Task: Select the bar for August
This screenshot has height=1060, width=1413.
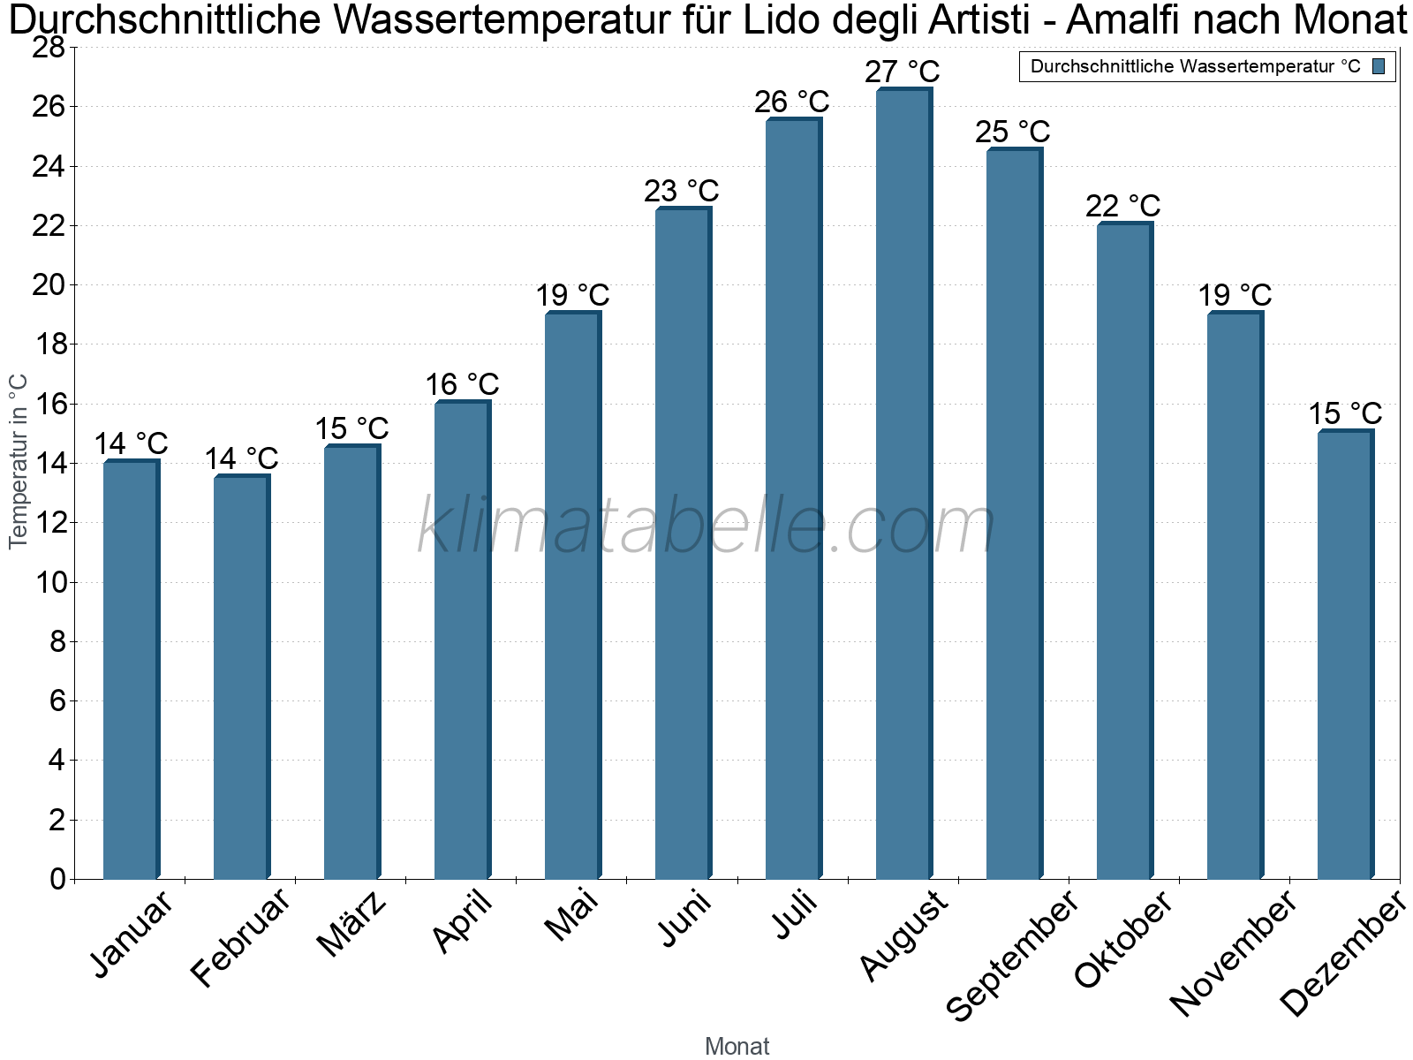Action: (x=904, y=483)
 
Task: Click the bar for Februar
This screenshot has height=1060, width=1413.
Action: (x=242, y=677)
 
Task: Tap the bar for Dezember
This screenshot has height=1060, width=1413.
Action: (x=1346, y=655)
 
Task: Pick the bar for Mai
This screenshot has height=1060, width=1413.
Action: (x=573, y=595)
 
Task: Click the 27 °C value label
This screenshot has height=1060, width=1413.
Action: (x=903, y=72)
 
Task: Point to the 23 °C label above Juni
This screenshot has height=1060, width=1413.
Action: (x=682, y=191)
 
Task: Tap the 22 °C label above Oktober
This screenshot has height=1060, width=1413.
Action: (x=1123, y=207)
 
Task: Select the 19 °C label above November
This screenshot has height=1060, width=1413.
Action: (x=1235, y=295)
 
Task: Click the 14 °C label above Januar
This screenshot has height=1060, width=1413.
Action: (x=132, y=444)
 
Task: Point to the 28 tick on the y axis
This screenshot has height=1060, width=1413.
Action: (x=49, y=48)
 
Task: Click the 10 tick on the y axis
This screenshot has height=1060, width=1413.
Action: (x=49, y=582)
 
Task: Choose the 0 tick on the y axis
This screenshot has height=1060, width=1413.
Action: (x=57, y=879)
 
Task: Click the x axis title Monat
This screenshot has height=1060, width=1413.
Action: (x=737, y=1046)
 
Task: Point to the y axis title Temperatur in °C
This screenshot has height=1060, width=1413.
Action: (x=18, y=462)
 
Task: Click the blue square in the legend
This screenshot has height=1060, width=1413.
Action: (x=1379, y=66)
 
